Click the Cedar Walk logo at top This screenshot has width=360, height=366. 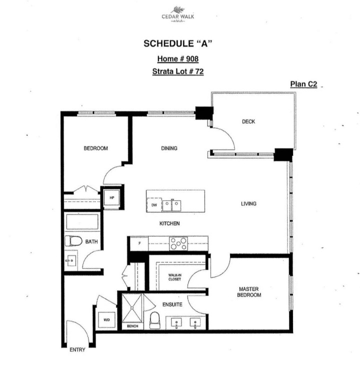click(x=177, y=14)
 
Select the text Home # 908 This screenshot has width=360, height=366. click(x=178, y=59)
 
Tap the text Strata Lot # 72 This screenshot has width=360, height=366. click(x=177, y=72)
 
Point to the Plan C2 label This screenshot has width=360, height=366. click(x=303, y=84)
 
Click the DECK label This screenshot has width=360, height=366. click(x=248, y=121)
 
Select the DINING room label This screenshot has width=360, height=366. click(x=169, y=148)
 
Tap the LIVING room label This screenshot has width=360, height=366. click(x=248, y=204)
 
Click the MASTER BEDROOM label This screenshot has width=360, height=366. click(x=249, y=292)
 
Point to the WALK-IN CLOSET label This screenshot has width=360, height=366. click(x=174, y=277)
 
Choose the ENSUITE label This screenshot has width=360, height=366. click(x=171, y=304)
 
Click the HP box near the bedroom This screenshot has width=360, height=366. click(x=112, y=197)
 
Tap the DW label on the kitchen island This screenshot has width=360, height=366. click(x=154, y=205)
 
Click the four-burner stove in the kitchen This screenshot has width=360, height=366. click(x=178, y=243)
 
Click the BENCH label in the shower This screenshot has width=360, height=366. click(x=132, y=326)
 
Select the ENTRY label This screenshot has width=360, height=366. click(x=77, y=350)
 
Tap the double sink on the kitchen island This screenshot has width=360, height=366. click(x=172, y=205)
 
